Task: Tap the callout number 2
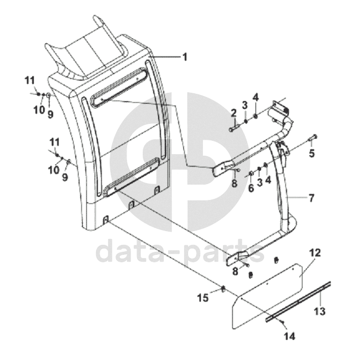coord(233,113)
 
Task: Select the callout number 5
coord(311,153)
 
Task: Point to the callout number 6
coord(251,188)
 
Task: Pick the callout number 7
coord(311,197)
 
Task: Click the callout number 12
coord(315,253)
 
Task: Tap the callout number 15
coord(204,298)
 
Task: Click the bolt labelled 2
coord(232,129)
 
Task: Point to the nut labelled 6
coord(251,175)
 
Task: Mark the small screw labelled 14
coord(283,321)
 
